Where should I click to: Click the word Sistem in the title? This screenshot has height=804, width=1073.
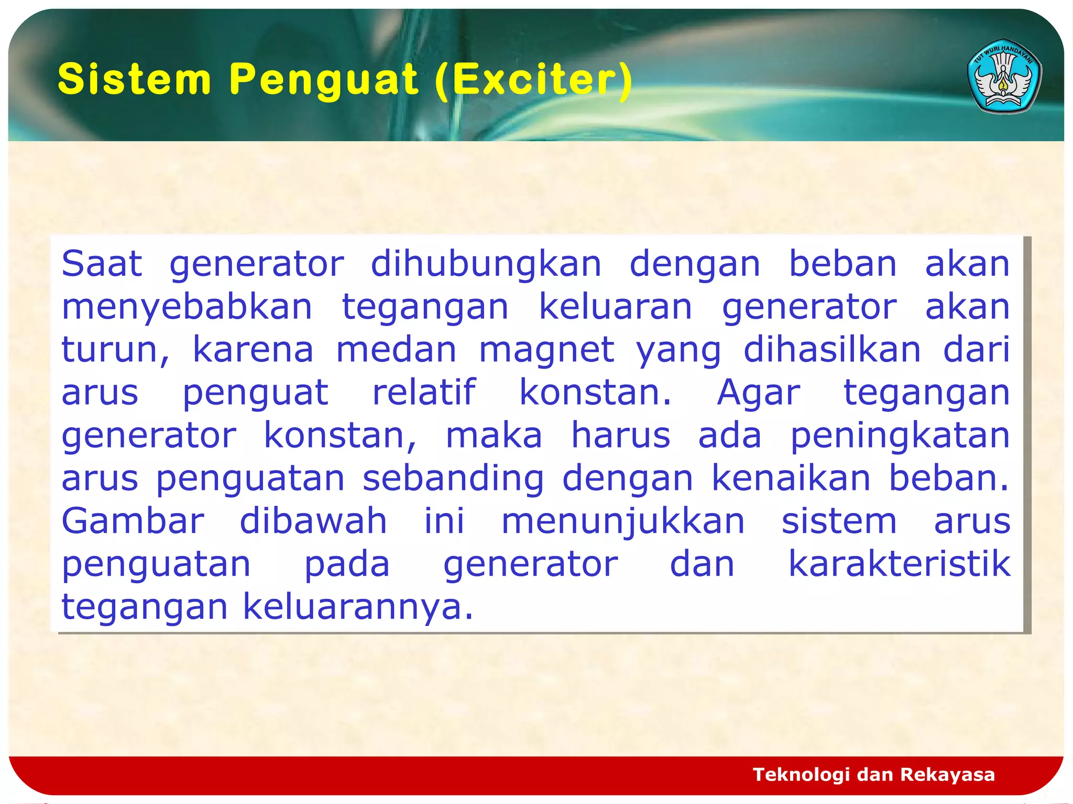tap(134, 80)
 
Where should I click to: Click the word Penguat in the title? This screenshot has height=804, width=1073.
tap(323, 80)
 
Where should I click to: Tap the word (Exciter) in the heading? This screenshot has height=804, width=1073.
tap(533, 80)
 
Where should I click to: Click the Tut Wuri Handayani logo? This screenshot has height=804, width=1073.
tap(1004, 76)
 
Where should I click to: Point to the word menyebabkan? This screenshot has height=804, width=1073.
tap(187, 307)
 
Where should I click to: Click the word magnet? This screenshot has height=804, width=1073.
tap(546, 350)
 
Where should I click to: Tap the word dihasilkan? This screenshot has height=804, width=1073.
tap(831, 350)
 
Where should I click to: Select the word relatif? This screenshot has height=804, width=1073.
tap(423, 393)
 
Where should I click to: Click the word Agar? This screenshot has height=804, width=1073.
tap(758, 393)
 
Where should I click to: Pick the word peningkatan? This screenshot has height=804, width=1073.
tap(900, 435)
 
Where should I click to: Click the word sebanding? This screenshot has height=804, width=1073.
tap(453, 478)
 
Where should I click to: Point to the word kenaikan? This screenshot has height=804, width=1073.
tap(791, 478)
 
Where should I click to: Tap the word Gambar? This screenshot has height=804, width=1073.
tap(133, 521)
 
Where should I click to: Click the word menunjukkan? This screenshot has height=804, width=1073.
tap(622, 521)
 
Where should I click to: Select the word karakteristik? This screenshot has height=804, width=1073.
tap(899, 564)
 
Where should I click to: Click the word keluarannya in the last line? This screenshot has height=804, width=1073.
tap(358, 607)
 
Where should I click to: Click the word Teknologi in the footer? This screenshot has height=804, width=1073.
tap(801, 774)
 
